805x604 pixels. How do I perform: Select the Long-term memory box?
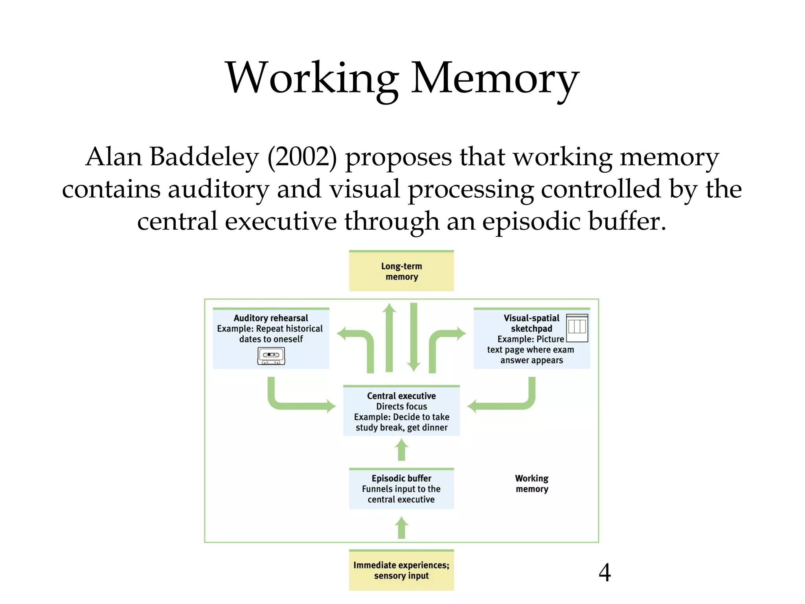(401, 271)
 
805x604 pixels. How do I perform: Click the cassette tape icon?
(271, 356)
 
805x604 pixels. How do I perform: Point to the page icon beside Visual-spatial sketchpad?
(577, 328)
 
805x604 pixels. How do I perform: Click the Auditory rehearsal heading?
(271, 318)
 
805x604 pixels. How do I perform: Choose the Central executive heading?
(401, 396)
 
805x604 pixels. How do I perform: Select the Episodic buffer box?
(401, 489)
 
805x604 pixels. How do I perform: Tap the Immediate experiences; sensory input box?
(401, 570)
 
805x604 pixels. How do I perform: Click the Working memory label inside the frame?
(531, 484)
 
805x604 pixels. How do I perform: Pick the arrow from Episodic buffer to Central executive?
(401, 450)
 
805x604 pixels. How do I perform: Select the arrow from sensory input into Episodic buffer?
(401, 528)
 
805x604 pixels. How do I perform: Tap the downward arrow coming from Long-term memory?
(414, 338)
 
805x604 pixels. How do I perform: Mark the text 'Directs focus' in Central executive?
(401, 406)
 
